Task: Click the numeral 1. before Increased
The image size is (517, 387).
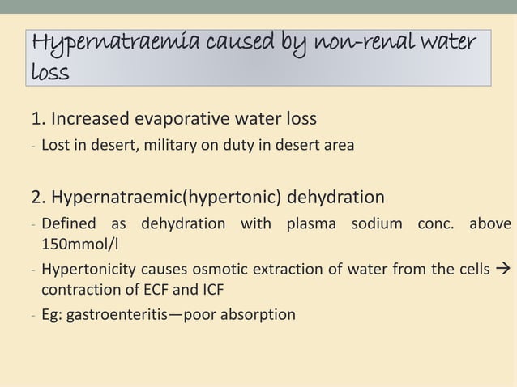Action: tap(38, 120)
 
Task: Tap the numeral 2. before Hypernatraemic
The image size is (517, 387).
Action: tap(38, 198)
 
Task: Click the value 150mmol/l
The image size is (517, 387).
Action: tap(81, 243)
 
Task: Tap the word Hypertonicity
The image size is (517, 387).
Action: tap(89, 269)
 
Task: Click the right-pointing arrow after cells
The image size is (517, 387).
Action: tap(502, 269)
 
